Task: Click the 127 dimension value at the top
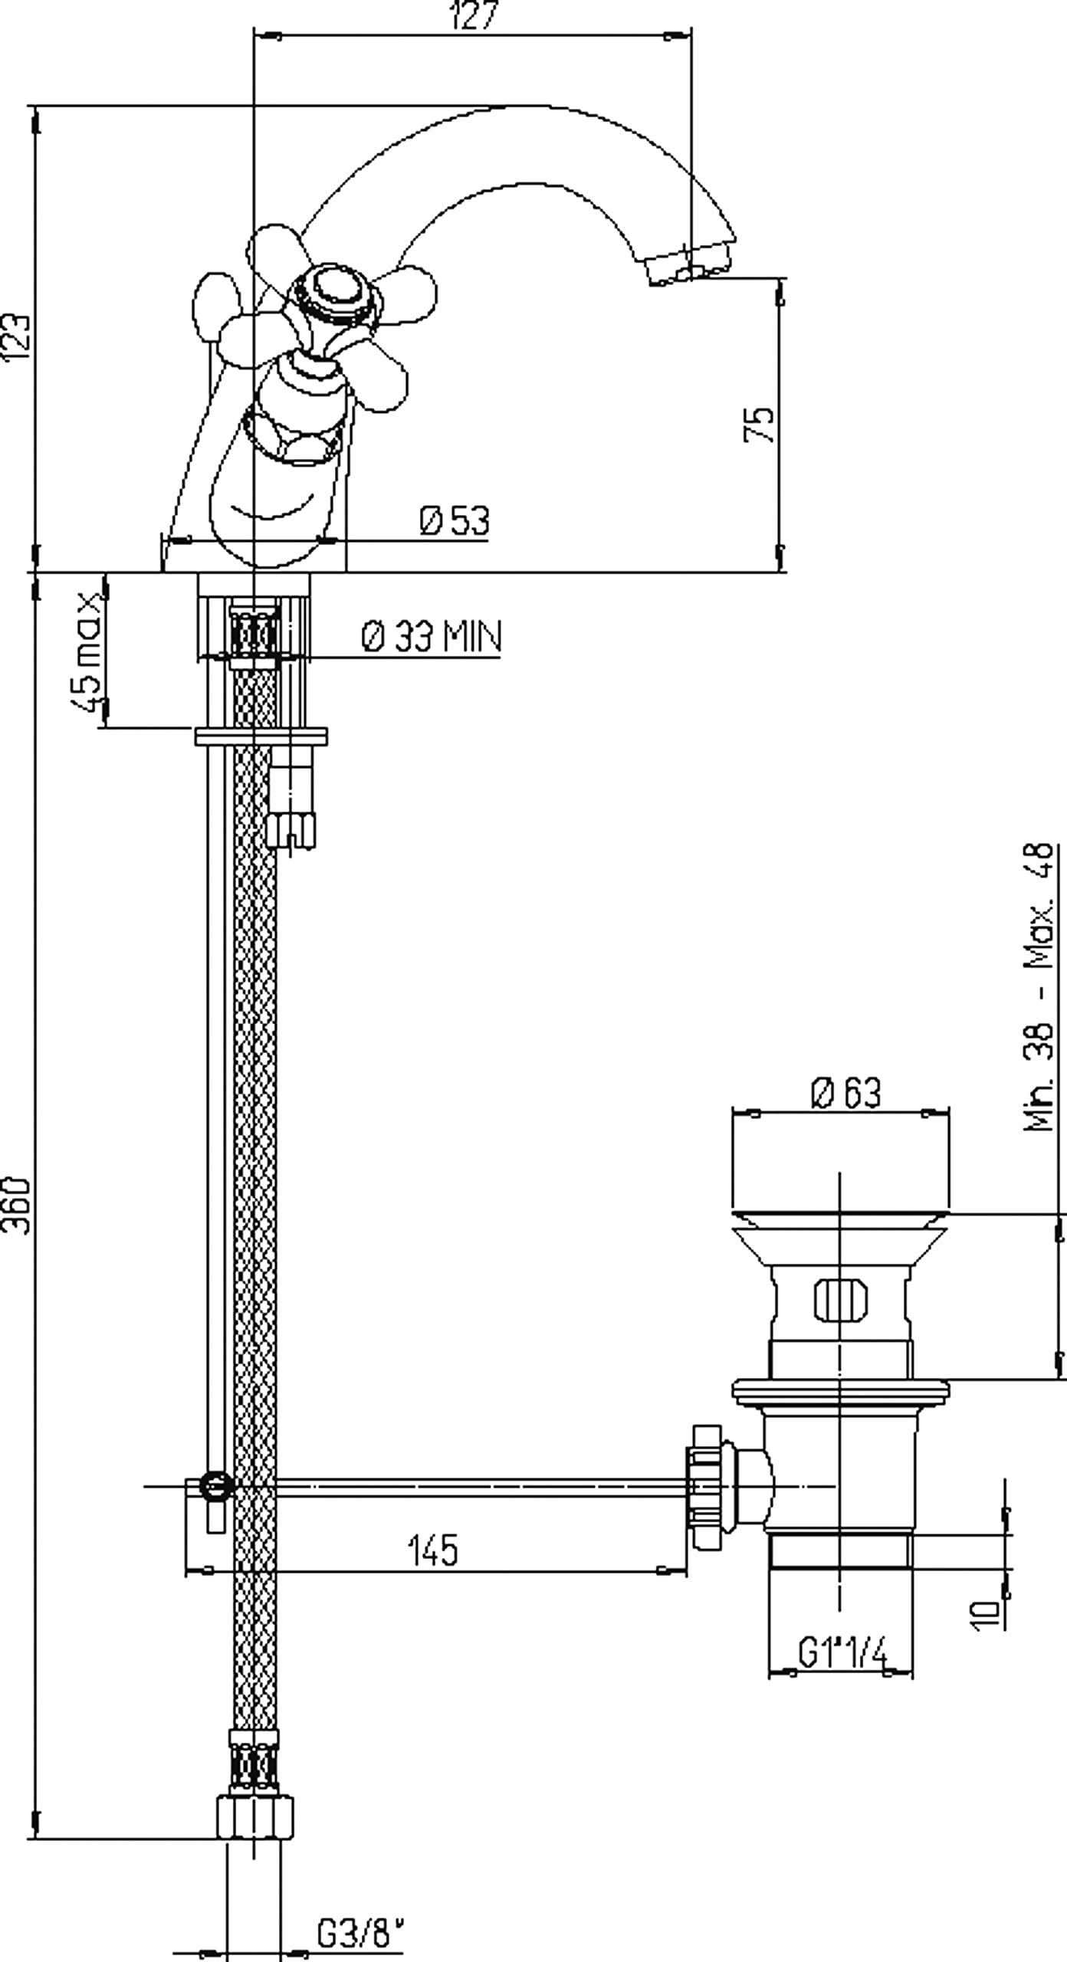point(474,15)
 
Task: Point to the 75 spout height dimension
point(759,424)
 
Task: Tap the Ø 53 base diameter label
point(454,520)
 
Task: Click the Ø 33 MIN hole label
point(432,636)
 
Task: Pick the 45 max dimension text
point(88,651)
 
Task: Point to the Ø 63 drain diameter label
point(846,1092)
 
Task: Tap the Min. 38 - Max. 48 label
point(1039,986)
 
